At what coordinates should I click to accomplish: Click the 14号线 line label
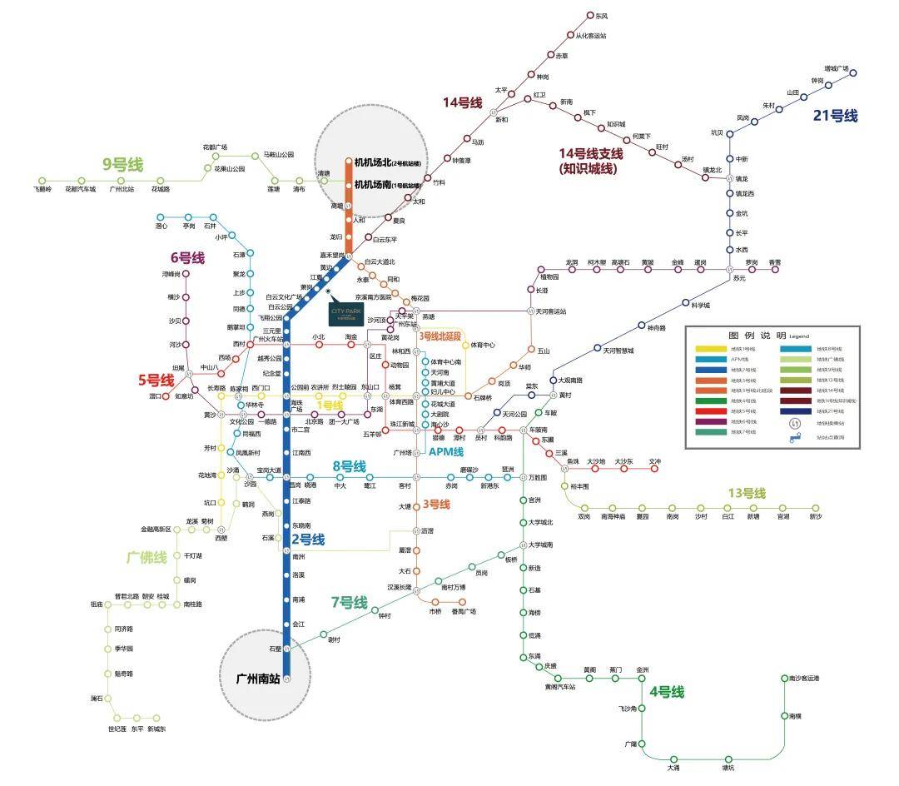(x=463, y=102)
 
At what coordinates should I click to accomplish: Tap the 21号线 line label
(x=835, y=117)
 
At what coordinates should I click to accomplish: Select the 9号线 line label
(x=122, y=165)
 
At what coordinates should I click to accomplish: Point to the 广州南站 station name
(x=258, y=679)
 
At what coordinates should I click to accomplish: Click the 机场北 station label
(x=387, y=162)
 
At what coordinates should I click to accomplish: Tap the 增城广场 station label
(x=836, y=68)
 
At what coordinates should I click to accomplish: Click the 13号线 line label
(x=746, y=493)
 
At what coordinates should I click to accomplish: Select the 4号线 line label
(x=666, y=692)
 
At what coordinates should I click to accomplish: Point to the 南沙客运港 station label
(x=804, y=679)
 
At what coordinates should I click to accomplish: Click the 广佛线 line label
(x=147, y=557)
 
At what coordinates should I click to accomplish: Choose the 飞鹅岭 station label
(x=43, y=189)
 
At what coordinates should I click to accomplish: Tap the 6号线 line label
(x=187, y=258)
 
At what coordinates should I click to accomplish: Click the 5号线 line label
(x=156, y=380)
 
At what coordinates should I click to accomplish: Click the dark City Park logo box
(x=347, y=314)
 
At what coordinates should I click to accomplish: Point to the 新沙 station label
(x=815, y=517)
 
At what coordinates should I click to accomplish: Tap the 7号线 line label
(x=349, y=602)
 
